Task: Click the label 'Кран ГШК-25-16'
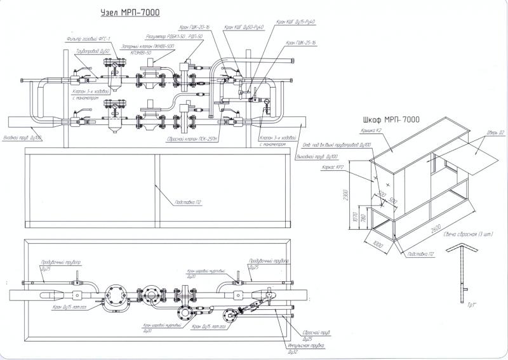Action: click(x=301, y=43)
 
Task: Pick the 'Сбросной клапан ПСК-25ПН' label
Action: click(x=199, y=138)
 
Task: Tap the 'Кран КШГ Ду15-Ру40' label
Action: click(x=296, y=22)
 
